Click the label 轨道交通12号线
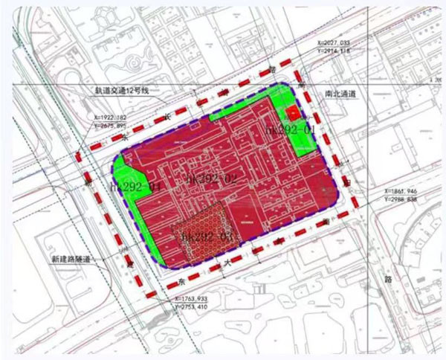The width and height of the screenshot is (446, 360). click(x=122, y=91)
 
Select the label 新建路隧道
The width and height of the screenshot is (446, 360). click(x=74, y=258)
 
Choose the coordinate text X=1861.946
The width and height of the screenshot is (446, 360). click(x=404, y=192)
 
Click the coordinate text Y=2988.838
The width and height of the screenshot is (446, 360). click(x=404, y=199)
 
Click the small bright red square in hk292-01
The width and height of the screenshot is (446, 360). click(x=292, y=113)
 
